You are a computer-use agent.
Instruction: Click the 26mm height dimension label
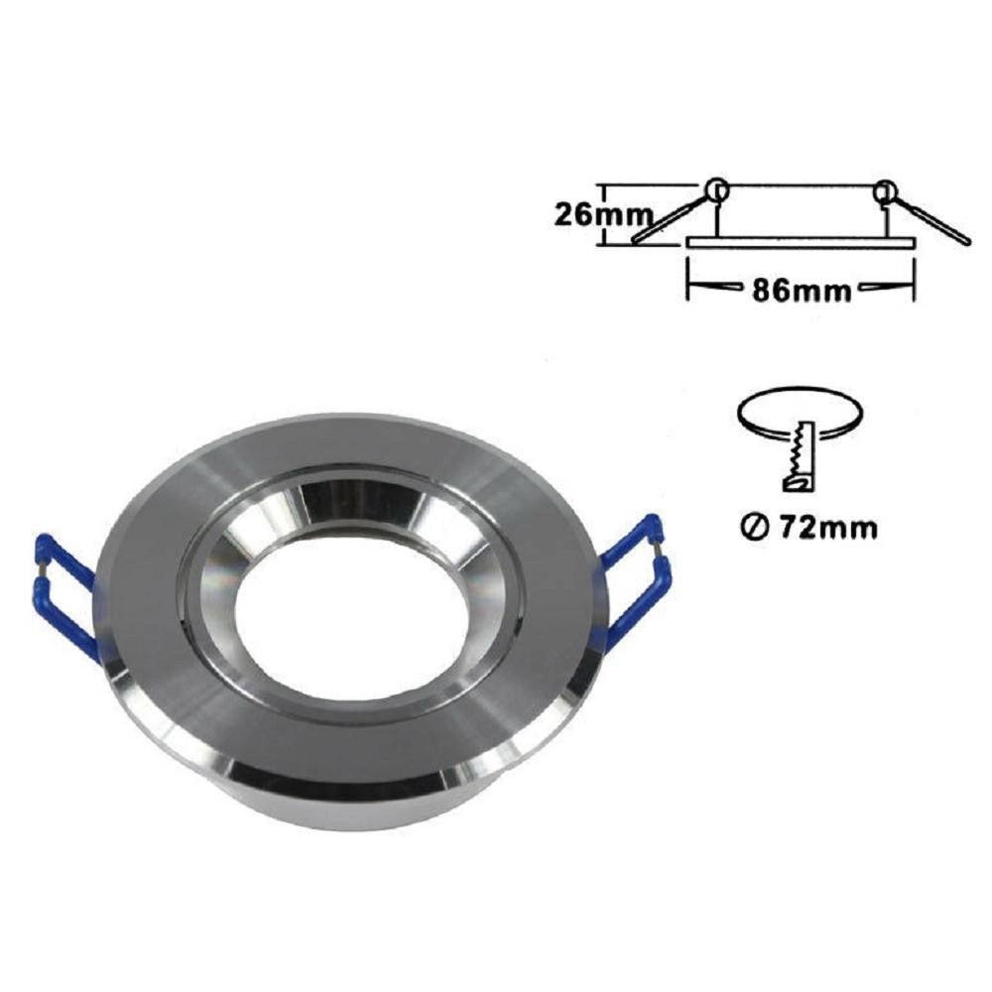coord(603,215)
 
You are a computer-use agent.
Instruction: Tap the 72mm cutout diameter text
coord(828,527)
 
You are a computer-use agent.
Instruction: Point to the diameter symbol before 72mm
coord(753,527)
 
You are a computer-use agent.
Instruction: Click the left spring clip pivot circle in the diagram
coord(717,188)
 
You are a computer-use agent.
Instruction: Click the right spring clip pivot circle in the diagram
coord(885,188)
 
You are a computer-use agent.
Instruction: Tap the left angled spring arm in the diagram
coord(672,217)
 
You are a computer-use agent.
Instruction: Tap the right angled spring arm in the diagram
coord(929,217)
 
